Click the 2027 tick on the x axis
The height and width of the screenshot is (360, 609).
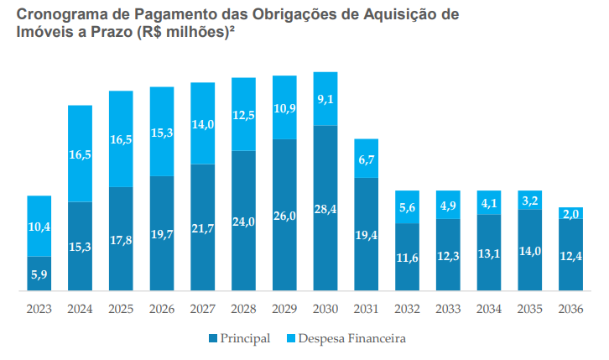(202, 309)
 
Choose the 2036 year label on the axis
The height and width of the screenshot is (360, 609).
(570, 309)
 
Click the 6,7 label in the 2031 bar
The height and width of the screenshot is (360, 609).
(366, 159)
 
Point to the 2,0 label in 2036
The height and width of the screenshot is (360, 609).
(570, 214)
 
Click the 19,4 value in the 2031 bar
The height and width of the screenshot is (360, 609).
(366, 235)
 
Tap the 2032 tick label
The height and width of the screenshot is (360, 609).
(407, 309)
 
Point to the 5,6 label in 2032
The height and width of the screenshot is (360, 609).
(407, 207)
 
